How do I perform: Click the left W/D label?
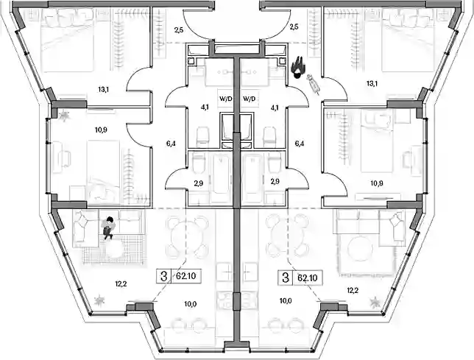coord(225,99)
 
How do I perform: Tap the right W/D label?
coord(249,99)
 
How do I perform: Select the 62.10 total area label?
coord(186,275)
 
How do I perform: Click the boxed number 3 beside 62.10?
coord(164,275)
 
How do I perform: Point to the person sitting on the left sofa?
coord(108,228)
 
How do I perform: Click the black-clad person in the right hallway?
coord(298,68)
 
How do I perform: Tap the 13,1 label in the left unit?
coord(103,90)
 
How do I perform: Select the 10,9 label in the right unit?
coord(376,183)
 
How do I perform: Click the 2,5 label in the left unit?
coord(179,29)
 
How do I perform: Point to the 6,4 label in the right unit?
coord(300,144)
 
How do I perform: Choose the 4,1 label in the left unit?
coord(205,107)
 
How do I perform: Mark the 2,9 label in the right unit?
coord(275,181)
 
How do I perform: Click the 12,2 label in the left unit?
coord(121,284)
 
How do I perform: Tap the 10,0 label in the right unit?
coord(286,301)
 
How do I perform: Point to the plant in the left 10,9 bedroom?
coord(64,115)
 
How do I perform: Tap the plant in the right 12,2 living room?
coord(375,302)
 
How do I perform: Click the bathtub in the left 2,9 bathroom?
coord(220,178)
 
